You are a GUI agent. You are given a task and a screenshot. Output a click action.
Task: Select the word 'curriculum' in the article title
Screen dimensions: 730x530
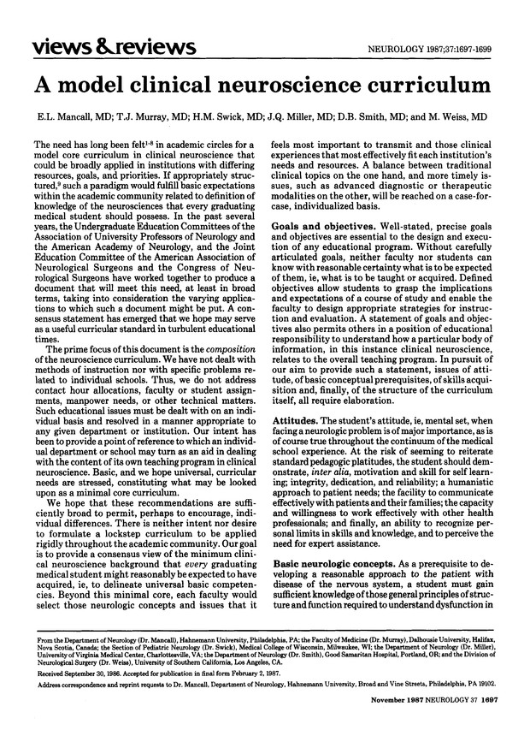[x=417, y=83]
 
